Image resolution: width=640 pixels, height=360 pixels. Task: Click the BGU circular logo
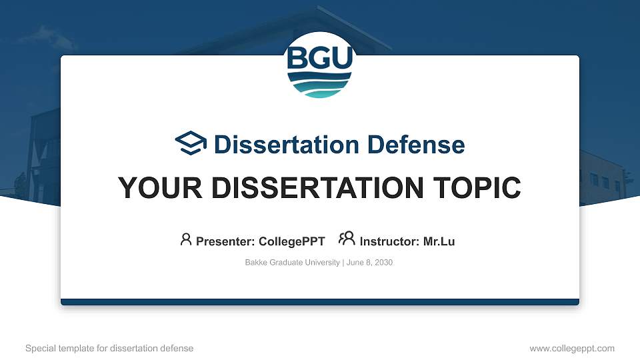pos(320,65)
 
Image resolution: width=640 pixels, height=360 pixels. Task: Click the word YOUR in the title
pos(153,188)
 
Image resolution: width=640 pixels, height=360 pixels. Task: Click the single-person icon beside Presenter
pos(186,239)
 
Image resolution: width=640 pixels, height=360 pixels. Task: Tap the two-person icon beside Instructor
pos(347,239)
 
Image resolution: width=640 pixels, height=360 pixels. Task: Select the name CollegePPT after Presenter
pos(292,241)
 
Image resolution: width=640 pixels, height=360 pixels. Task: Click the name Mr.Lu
pos(439,241)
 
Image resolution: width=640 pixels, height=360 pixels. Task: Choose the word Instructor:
pos(390,241)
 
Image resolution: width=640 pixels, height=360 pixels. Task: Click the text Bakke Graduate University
pos(293,263)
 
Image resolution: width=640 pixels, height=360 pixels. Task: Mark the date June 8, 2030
pos(370,263)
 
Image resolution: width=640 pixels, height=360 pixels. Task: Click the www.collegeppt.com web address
pos(572,348)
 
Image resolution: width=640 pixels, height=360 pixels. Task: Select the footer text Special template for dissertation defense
pos(109,348)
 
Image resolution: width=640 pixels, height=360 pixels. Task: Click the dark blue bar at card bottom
pos(320,302)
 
